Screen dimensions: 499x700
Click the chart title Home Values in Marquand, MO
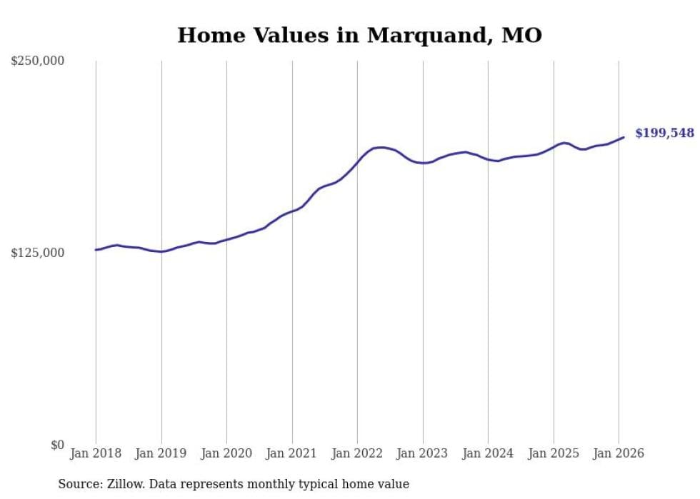point(359,35)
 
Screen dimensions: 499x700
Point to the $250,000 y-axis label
point(38,61)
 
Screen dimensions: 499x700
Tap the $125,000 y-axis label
point(38,253)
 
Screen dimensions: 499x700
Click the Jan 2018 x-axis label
point(96,453)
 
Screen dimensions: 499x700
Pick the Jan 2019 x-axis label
point(161,453)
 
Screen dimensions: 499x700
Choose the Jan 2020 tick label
point(226,453)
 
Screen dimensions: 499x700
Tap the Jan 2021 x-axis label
point(292,453)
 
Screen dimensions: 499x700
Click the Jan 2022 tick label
point(357,453)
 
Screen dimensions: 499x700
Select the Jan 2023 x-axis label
point(423,453)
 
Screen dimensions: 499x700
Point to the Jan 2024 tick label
point(488,453)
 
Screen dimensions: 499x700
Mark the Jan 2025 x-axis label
point(554,453)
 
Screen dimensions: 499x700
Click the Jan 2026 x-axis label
point(619,453)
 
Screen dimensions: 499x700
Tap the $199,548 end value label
point(664,133)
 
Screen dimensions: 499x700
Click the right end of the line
point(624,137)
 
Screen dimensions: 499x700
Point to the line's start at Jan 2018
point(96,250)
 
